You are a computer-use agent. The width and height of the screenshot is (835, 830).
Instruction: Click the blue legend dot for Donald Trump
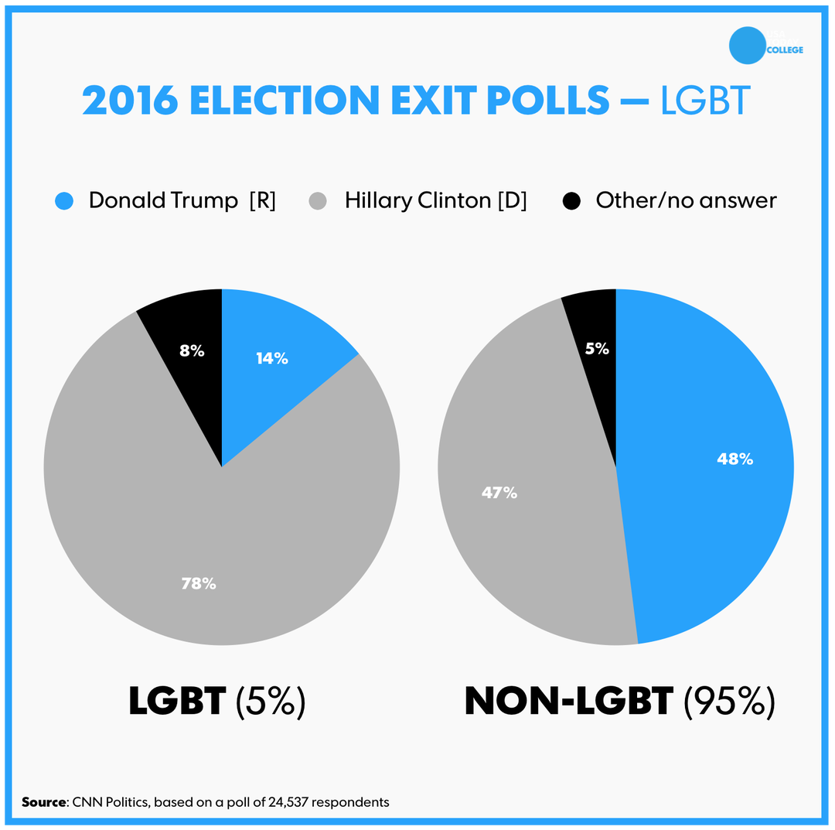pyautogui.click(x=64, y=201)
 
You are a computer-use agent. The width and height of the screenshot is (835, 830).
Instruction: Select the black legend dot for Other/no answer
pyautogui.click(x=571, y=201)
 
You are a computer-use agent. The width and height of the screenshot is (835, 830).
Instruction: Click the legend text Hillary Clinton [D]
pyautogui.click(x=435, y=200)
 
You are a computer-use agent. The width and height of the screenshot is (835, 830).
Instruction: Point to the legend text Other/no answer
pyautogui.click(x=686, y=200)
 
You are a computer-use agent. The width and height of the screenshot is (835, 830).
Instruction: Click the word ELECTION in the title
pyautogui.click(x=283, y=100)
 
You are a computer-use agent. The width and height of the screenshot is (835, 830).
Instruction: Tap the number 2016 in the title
pyautogui.click(x=129, y=100)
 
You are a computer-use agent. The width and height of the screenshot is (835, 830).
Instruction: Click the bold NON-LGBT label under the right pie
pyautogui.click(x=568, y=701)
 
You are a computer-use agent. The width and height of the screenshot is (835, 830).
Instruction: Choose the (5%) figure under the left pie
pyautogui.click(x=271, y=701)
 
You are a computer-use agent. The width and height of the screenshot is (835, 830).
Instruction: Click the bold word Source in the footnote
pyautogui.click(x=43, y=802)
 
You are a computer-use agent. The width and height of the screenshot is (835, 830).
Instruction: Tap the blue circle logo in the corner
pyautogui.click(x=747, y=46)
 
